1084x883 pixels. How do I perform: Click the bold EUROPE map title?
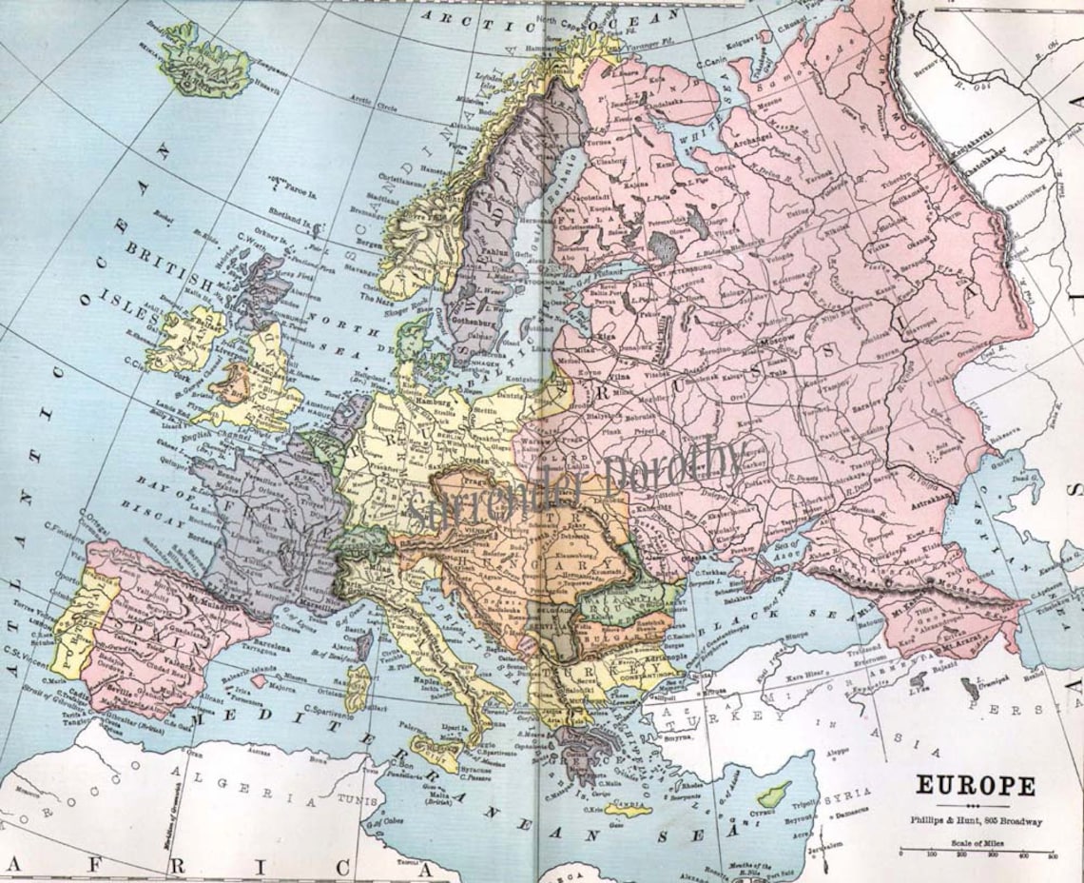coord(976,787)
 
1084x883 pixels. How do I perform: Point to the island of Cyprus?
coord(772,792)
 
